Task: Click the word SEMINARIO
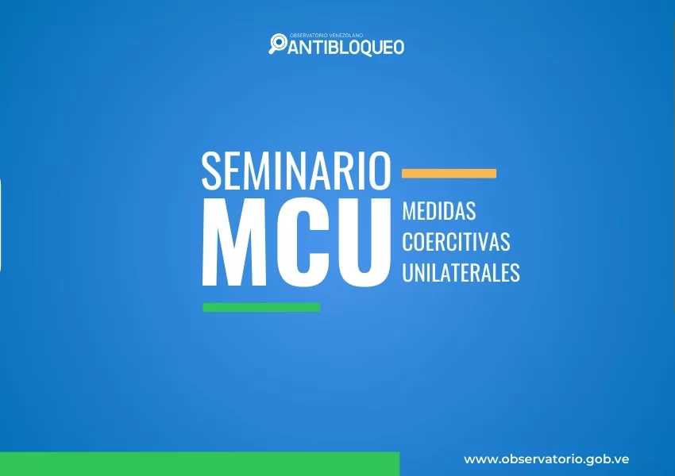tap(296, 171)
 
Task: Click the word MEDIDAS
tap(439, 211)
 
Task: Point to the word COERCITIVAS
tap(457, 241)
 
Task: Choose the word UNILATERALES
tap(461, 272)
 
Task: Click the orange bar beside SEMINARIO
tap(449, 173)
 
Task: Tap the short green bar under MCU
tap(261, 308)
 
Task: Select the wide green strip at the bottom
tap(200, 464)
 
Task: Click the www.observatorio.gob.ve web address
tap(546, 459)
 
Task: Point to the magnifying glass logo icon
tap(278, 44)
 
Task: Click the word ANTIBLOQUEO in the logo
tap(346, 48)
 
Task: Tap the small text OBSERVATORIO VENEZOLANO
tap(326, 35)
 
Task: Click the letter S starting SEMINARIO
tap(211, 171)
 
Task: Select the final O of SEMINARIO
tap(380, 171)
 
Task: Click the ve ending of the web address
tap(623, 459)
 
